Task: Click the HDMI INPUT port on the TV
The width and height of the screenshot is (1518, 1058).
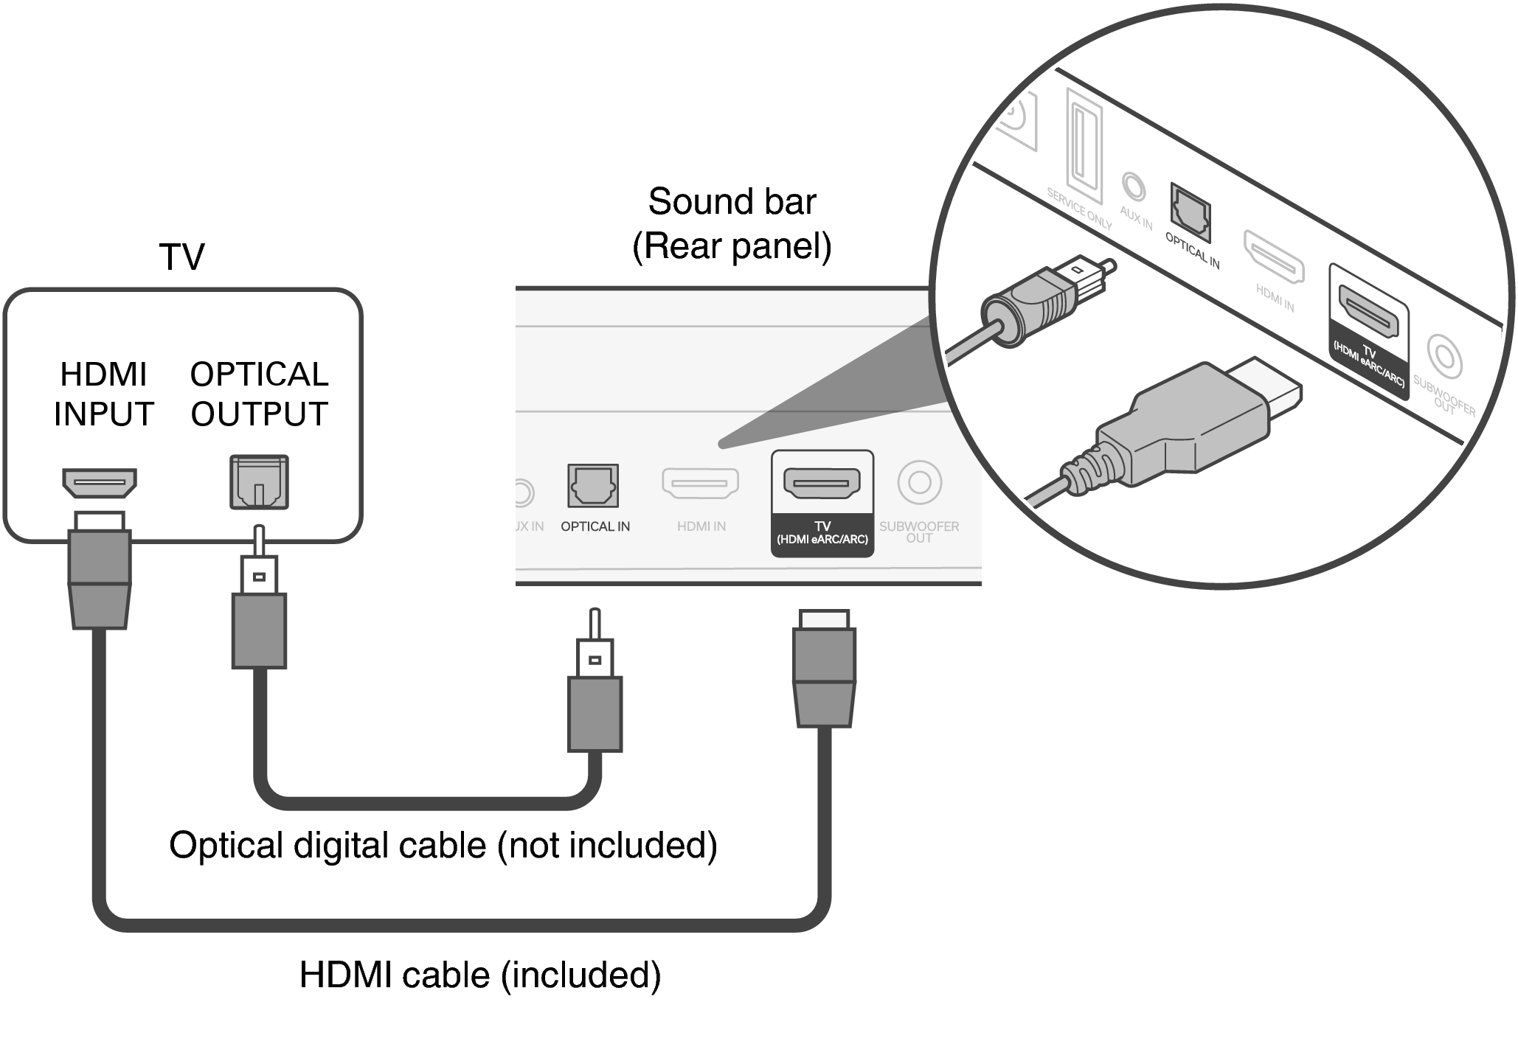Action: click(100, 483)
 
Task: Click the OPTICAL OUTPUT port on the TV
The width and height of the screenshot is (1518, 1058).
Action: click(259, 482)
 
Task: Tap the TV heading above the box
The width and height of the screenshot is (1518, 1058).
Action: click(181, 257)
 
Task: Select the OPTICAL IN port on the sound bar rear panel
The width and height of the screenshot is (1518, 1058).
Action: click(593, 485)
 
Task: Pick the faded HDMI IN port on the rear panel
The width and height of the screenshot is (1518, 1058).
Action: click(700, 483)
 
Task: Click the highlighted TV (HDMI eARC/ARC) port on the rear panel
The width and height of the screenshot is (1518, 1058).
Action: click(822, 483)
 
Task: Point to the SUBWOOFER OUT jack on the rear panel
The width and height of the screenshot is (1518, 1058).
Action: click(919, 482)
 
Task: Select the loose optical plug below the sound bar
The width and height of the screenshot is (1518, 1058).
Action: click(595, 700)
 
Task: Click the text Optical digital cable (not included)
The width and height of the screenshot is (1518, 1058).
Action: click(443, 845)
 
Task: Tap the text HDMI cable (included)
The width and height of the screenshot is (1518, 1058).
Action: click(480, 975)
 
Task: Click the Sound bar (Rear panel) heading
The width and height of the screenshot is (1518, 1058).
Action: click(732, 223)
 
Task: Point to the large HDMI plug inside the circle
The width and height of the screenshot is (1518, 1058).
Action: click(1188, 428)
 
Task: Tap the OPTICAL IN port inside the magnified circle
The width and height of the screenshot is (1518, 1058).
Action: click(1190, 212)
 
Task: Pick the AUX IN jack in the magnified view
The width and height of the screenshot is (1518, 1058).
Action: click(1133, 186)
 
